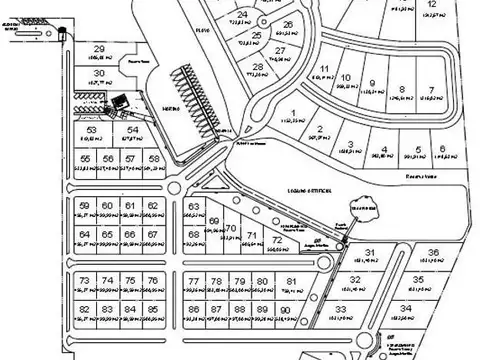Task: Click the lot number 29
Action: pos(99,49)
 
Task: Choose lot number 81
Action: pos(290,282)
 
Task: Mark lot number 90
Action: pos(286,311)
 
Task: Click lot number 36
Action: pos(433,252)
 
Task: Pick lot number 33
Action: pos(341,310)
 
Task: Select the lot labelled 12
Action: pos(431,5)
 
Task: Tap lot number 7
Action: pos(431,91)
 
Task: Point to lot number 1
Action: pos(293,112)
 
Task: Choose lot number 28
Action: pos(259,67)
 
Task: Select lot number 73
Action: pos(85,281)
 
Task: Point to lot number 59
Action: pos(85,206)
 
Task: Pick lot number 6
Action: pos(441,149)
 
